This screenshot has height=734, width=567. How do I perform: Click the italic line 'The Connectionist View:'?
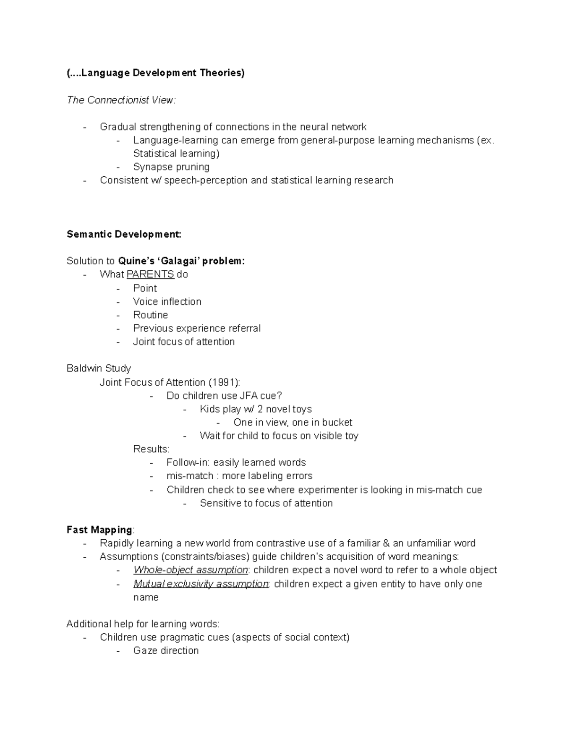[121, 100]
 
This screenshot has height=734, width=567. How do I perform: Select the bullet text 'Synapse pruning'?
[171, 167]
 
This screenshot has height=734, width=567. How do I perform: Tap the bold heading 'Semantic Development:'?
[124, 234]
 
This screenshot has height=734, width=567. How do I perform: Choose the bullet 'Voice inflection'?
[167, 302]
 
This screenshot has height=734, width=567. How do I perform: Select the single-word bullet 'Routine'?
[150, 315]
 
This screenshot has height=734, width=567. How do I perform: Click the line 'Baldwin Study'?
[99, 368]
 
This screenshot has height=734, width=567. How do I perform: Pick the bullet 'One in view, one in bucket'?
[292, 422]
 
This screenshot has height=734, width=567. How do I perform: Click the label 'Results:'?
[151, 449]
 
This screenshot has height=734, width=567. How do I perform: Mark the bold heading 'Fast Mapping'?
[99, 530]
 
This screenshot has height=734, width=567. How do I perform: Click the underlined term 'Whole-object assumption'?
[190, 570]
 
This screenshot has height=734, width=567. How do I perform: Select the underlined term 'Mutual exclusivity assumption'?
[201, 584]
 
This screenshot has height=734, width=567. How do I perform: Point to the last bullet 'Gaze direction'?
[166, 650]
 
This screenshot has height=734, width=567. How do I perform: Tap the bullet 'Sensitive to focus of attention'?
[266, 503]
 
